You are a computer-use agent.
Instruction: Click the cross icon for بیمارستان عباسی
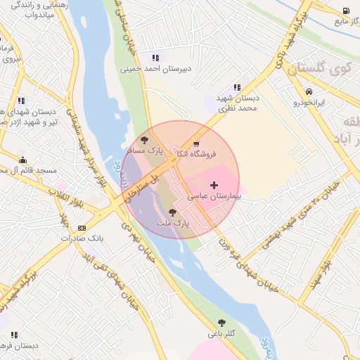214,184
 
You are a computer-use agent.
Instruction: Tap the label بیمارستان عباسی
214,197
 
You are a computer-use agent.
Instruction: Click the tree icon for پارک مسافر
144,140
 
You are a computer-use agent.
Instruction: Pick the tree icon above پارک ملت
172,212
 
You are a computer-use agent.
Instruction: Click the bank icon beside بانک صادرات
82,228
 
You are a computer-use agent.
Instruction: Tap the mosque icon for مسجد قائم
23,160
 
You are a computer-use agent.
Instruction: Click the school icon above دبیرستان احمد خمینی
155,58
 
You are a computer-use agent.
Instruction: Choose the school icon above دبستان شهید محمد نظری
237,87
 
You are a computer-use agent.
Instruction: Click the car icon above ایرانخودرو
309,91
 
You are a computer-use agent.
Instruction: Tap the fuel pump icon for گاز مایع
346,11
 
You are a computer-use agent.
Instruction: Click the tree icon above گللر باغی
221,323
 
